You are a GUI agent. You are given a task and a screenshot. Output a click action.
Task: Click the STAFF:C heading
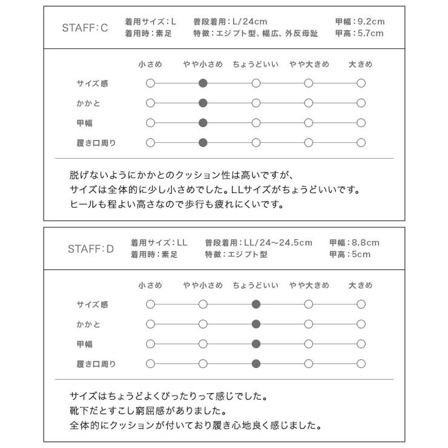pos(85,28)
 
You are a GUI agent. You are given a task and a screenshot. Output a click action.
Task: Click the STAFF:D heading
pos(91,248)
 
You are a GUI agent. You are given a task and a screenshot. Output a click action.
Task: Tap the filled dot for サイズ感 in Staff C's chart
pos(203,84)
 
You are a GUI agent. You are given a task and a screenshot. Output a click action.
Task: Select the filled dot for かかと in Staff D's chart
pos(256,324)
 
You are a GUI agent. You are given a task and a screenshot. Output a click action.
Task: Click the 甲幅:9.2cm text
pos(359,22)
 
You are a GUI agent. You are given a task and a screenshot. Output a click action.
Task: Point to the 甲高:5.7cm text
pos(359,34)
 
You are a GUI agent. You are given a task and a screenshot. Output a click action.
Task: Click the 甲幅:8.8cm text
pos(354,243)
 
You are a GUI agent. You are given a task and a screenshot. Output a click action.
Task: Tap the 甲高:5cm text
pos(350,255)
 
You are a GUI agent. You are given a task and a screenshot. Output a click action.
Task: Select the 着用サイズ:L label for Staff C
pos(151,22)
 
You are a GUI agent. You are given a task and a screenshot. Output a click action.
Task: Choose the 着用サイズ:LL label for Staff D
pos(159,243)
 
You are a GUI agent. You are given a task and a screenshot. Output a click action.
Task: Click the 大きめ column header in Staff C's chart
pos(361,64)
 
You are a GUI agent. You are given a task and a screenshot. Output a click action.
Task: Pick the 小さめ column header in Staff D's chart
pos(150,285)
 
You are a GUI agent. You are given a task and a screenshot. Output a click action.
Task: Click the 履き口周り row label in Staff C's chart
pos(96,143)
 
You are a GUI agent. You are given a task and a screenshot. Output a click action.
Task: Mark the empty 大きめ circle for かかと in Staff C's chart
pos(361,103)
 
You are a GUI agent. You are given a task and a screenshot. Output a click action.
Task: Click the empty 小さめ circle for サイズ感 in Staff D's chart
pos(150,305)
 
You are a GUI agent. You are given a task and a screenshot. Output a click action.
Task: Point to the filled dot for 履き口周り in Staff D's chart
pos(256,364)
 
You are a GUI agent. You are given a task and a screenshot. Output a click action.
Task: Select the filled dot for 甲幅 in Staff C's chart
pos(203,123)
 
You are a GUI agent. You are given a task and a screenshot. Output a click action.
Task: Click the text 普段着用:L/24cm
pos(230,22)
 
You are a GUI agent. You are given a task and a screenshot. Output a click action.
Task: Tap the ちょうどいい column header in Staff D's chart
pos(255,285)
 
